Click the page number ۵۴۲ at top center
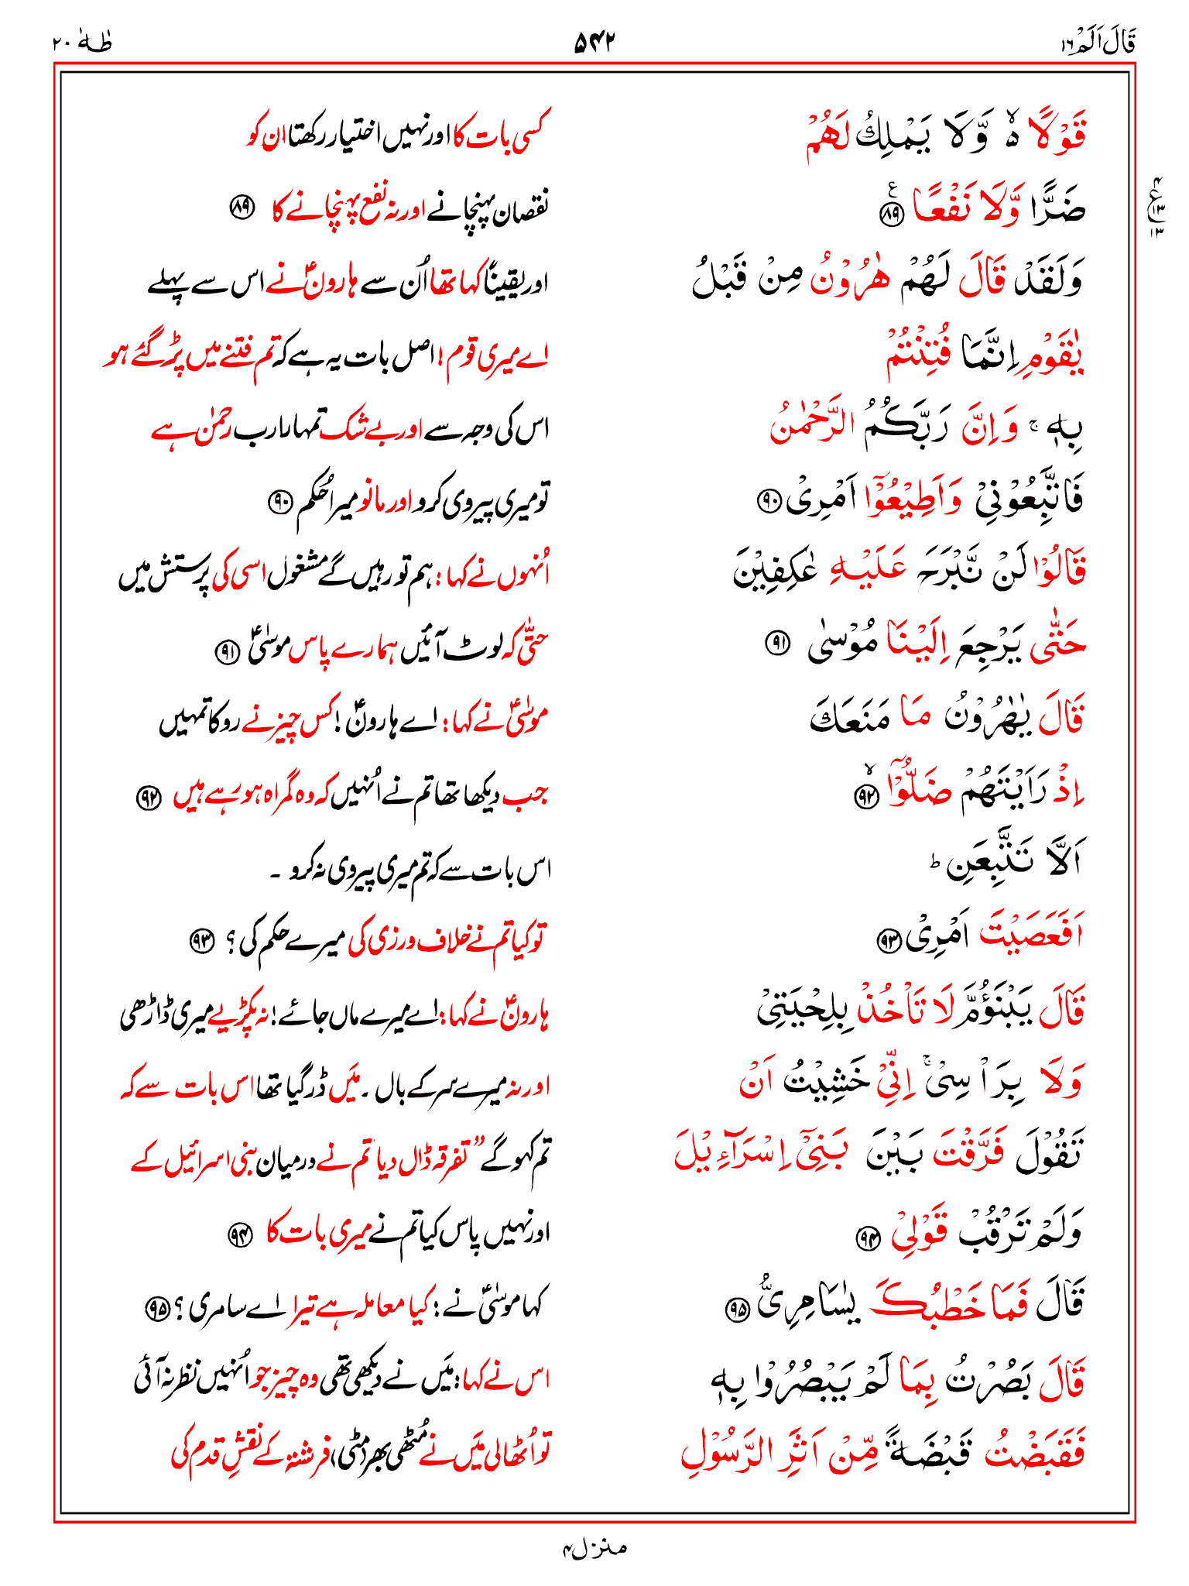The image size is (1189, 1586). (x=594, y=42)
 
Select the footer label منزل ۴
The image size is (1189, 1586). (x=594, y=1548)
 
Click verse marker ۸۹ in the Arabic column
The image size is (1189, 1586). (x=893, y=215)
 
